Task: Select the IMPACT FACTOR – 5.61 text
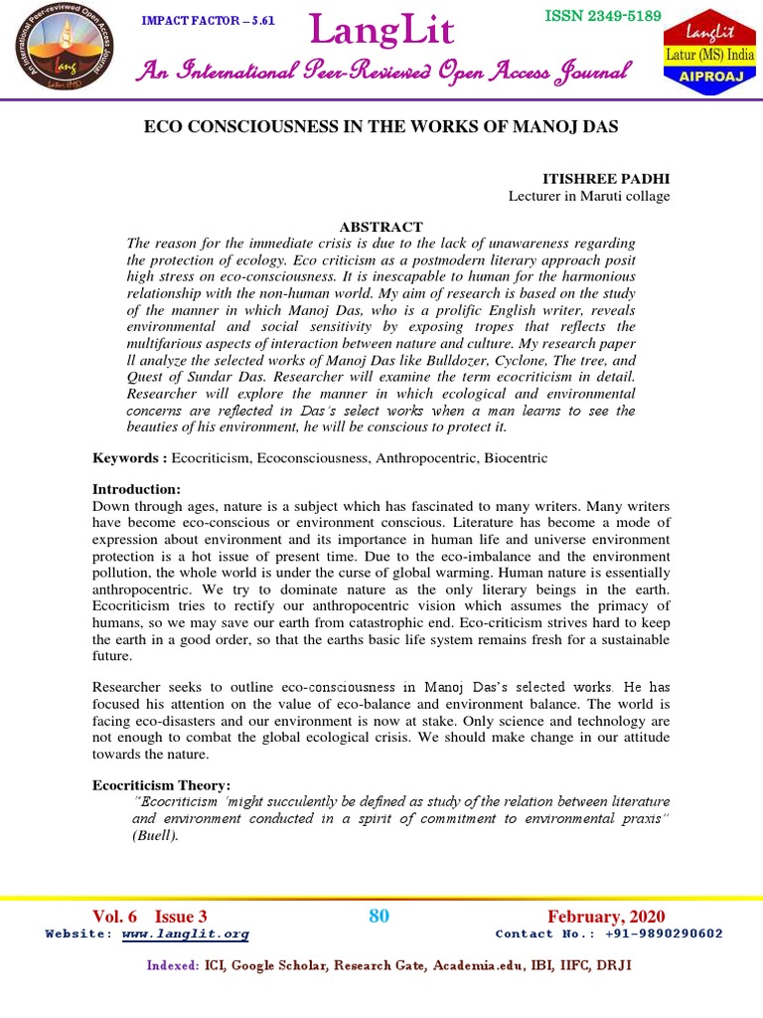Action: pos(209,21)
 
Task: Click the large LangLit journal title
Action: pos(383,32)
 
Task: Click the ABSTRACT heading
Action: pos(381,227)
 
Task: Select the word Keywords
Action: pos(126,457)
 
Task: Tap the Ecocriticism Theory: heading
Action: pos(161,785)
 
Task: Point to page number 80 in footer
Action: pos(380,917)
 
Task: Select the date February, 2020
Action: pos(606,917)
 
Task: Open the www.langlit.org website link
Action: pos(186,934)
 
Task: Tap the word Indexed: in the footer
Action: pos(172,965)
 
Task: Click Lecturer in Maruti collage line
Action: pos(589,196)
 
